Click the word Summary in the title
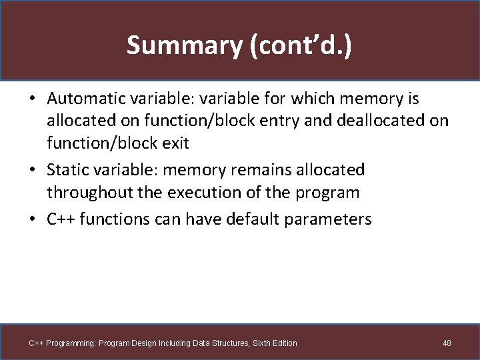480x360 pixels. (171, 45)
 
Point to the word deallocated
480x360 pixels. (382, 121)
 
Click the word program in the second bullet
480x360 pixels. (325, 193)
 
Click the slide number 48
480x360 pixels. (447, 343)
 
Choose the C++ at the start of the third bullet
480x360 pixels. (61, 219)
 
